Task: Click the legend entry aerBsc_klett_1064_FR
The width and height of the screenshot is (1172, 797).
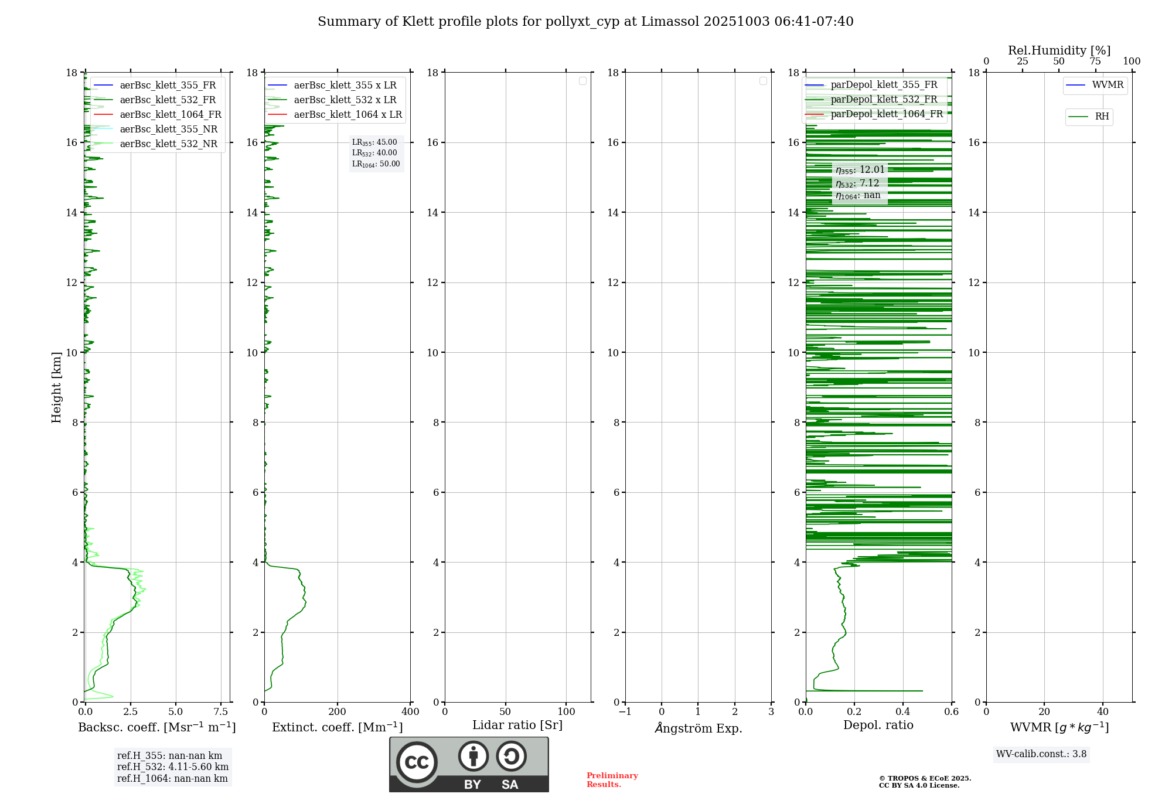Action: [170, 115]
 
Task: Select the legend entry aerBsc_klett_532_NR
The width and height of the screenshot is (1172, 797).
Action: [168, 144]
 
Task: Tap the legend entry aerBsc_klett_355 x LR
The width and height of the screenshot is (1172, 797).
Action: [345, 86]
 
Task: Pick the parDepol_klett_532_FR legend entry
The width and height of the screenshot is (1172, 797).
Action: [884, 100]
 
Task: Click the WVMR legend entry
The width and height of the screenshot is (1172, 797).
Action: [1108, 85]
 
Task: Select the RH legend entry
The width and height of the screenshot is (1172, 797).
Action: [1102, 117]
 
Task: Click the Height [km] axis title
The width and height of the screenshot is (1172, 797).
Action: [56, 387]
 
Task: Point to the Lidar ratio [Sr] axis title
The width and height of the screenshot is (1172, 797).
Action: [517, 725]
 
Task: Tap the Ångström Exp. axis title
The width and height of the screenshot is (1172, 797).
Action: [698, 728]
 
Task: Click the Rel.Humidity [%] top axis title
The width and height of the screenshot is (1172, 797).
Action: [1059, 50]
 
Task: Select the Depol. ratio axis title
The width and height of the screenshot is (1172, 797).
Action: [878, 725]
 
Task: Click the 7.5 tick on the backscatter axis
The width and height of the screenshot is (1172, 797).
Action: [221, 712]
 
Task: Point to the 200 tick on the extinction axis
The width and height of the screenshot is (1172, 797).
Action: [338, 712]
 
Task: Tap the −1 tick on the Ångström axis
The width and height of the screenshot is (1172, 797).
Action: [625, 712]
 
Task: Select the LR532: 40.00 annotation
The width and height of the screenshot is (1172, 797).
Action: [374, 153]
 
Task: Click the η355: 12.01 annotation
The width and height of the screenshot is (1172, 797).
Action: [860, 170]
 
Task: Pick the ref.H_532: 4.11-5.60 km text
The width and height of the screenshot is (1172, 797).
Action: [173, 767]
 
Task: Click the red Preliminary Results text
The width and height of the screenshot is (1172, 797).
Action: [612, 780]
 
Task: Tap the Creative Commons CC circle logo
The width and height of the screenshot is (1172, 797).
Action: [417, 762]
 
